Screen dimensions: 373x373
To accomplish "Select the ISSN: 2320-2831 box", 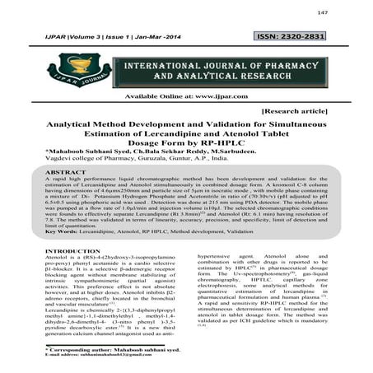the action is tap(316, 38).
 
